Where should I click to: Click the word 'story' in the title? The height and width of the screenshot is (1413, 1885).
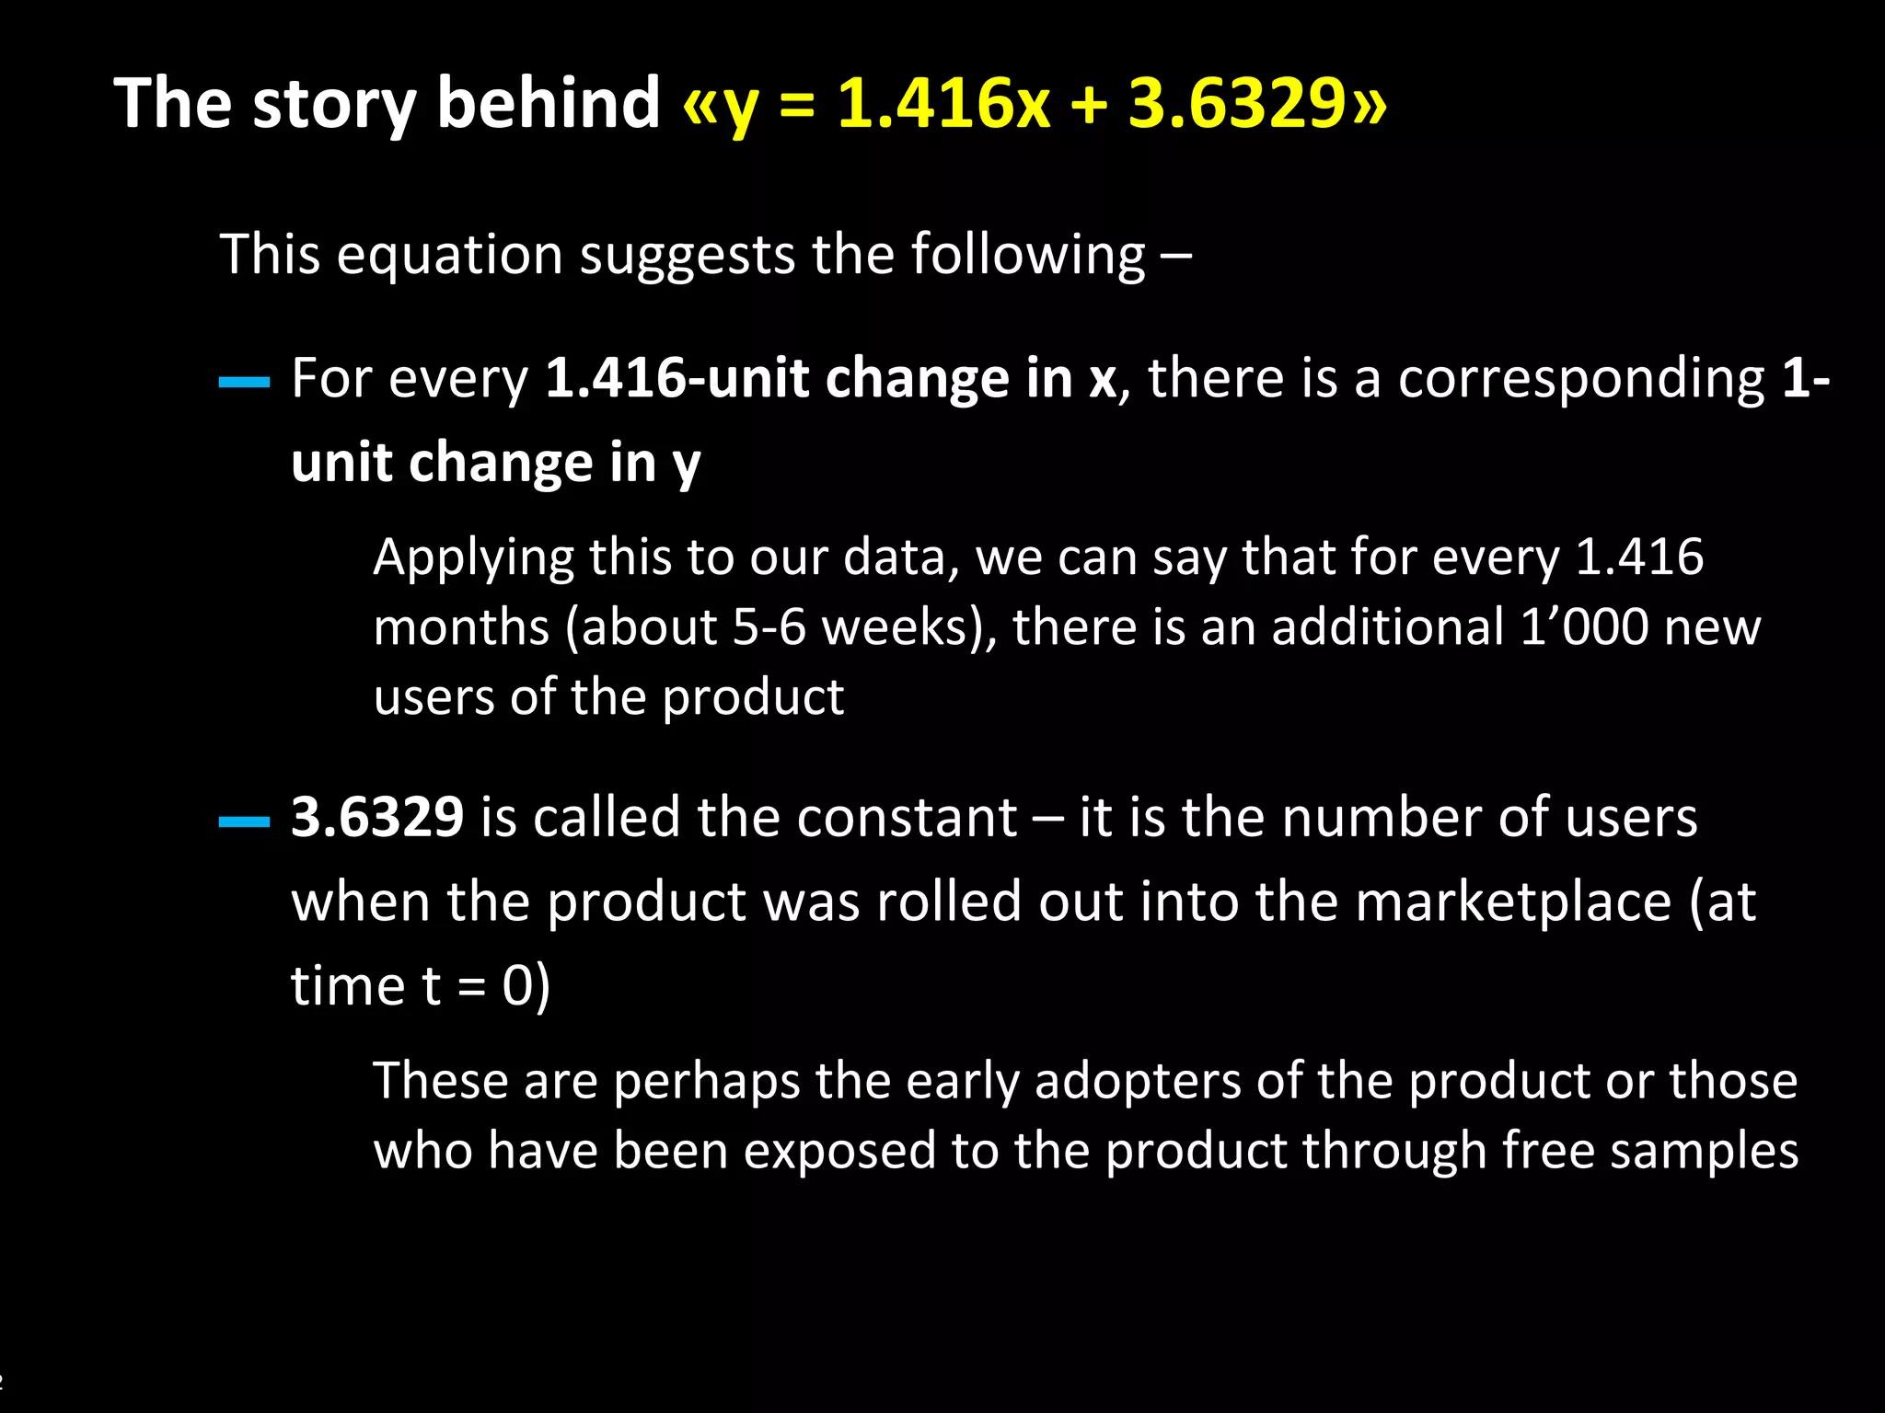point(333,103)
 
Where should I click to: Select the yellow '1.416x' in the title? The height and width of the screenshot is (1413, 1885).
point(942,103)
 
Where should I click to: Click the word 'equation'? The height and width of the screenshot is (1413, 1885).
point(449,255)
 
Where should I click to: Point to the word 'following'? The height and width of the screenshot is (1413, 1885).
point(1027,255)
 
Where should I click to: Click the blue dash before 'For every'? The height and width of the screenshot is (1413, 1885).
point(244,382)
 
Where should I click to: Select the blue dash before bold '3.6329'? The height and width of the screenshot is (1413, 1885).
point(244,821)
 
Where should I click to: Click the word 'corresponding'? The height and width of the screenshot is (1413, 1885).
point(1581,380)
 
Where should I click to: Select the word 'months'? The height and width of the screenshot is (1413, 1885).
point(461,627)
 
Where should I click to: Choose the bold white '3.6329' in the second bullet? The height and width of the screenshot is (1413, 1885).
point(377,817)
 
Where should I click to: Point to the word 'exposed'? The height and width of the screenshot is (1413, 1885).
point(838,1152)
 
